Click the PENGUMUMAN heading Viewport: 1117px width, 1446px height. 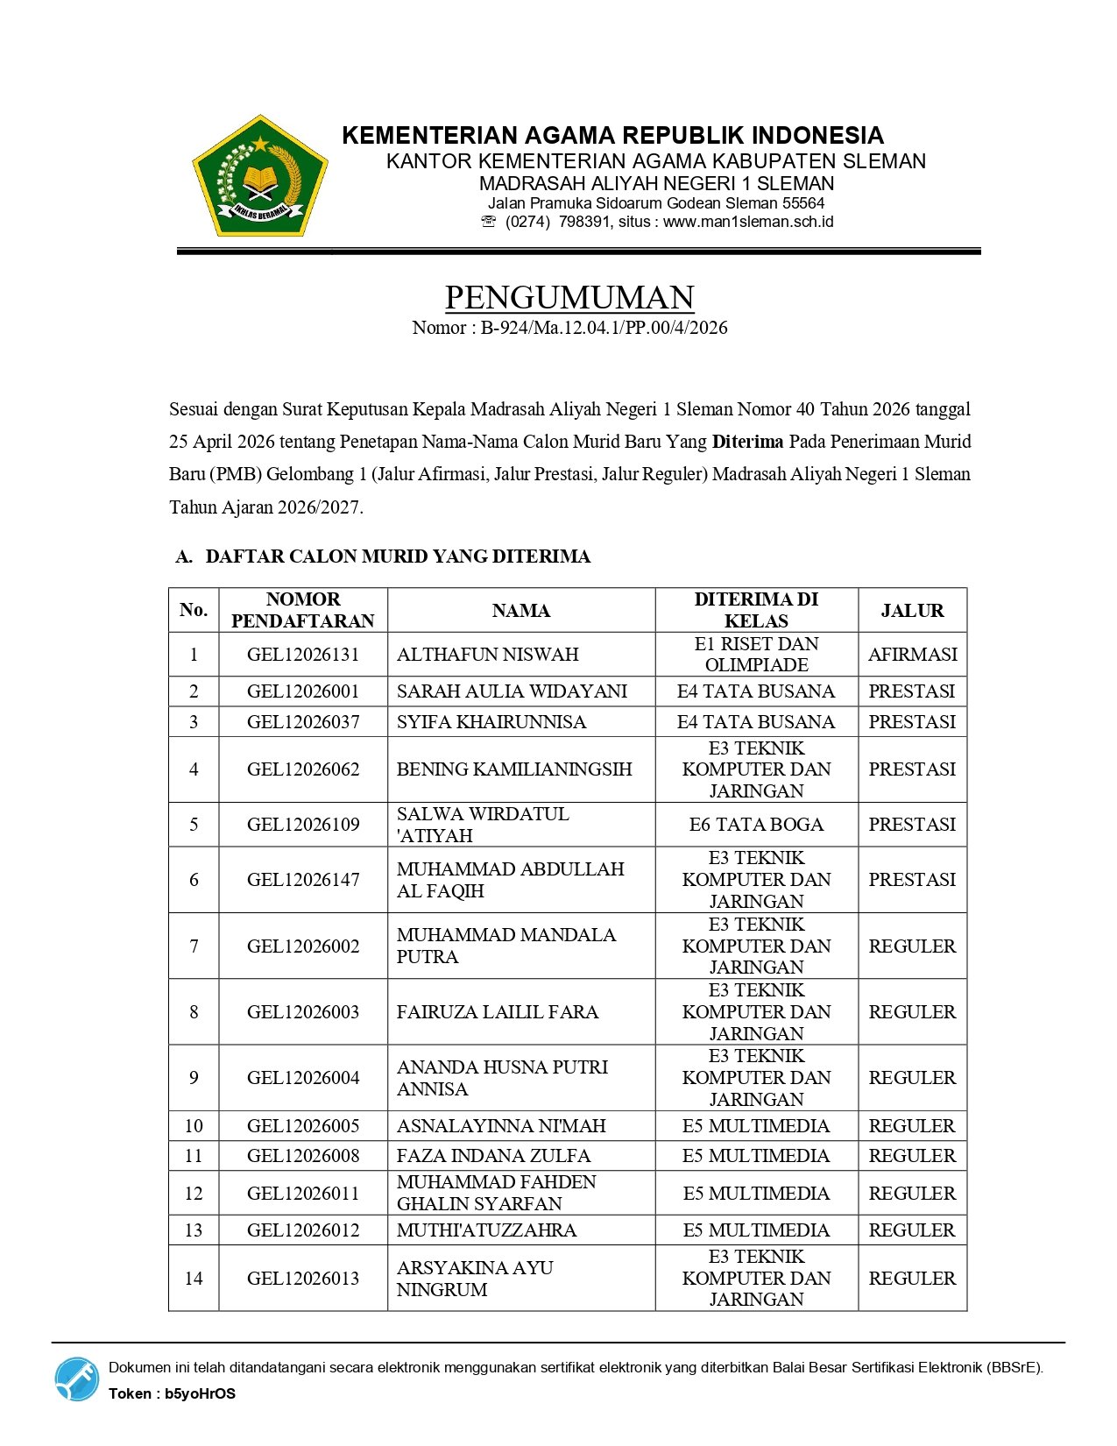tap(569, 298)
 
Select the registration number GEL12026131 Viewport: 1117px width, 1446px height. tap(303, 655)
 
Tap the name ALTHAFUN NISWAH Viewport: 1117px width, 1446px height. tap(487, 655)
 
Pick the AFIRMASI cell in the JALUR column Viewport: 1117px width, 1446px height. tap(912, 655)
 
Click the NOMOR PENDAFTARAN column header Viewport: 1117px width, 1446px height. tap(303, 610)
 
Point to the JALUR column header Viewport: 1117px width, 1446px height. tap(912, 611)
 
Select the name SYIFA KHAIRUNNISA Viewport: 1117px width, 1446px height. tap(491, 722)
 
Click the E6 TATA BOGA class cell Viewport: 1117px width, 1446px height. tap(756, 825)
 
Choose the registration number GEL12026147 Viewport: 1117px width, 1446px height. tap(303, 880)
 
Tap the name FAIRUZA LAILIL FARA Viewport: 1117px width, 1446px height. tap(498, 1012)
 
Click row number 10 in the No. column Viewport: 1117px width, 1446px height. tap(194, 1126)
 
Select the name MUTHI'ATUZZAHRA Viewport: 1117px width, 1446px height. tap(486, 1230)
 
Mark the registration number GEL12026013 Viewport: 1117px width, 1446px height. tap(303, 1279)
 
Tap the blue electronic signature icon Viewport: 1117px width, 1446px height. tap(77, 1379)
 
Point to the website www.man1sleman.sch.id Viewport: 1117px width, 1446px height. tap(748, 222)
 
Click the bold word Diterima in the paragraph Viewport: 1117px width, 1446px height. tap(747, 442)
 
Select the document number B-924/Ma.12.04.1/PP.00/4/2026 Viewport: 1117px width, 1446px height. tap(604, 328)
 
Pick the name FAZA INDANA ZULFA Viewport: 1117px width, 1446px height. tap(493, 1156)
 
